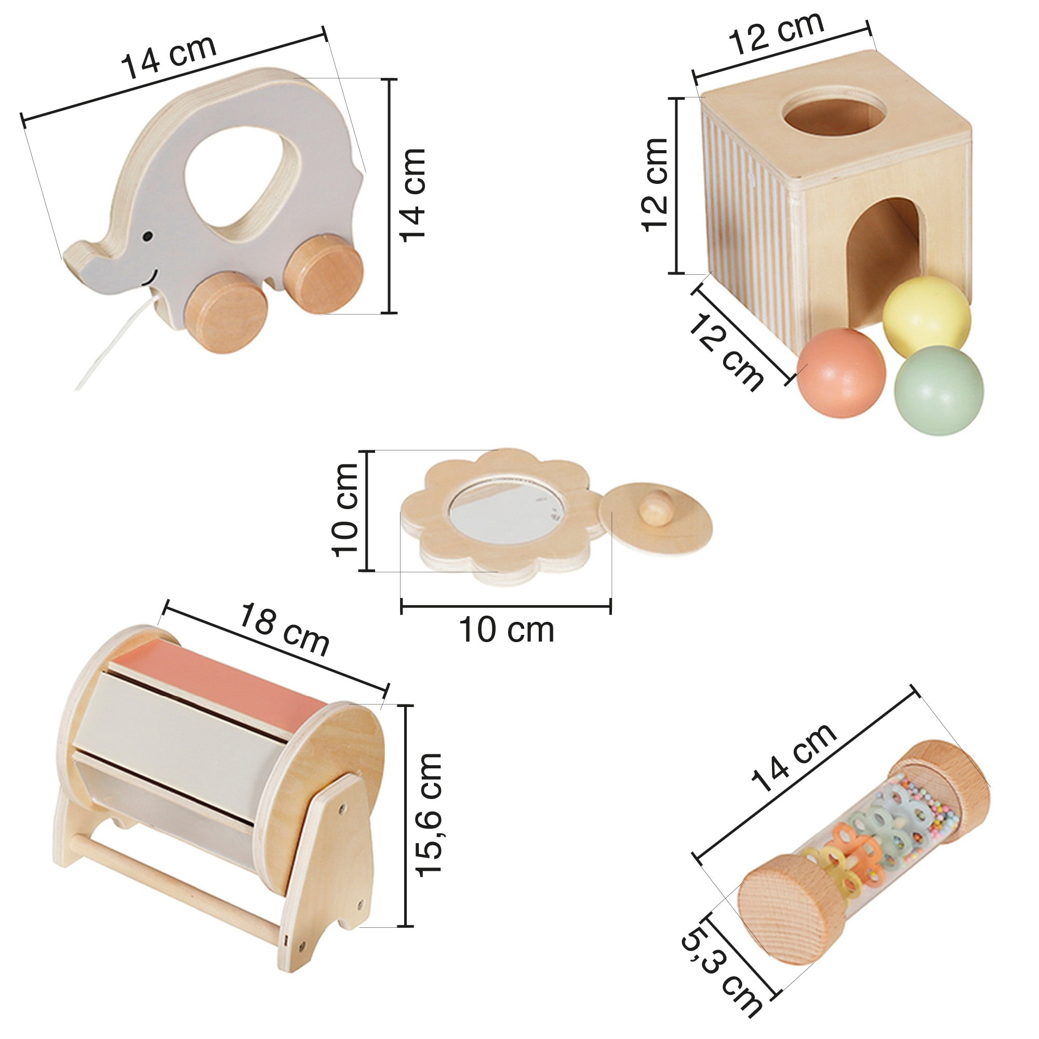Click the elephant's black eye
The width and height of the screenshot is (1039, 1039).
tap(147, 236)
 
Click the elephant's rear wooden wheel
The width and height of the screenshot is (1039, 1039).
tap(323, 274)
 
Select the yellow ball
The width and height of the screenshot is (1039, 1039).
tap(927, 316)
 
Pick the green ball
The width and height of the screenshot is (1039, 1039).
tap(939, 390)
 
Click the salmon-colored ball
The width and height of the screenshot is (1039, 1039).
tap(841, 372)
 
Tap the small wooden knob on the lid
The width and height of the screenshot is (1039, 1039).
tap(656, 508)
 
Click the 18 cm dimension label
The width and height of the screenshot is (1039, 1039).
tap(284, 629)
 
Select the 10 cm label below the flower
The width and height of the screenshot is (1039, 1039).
tap(507, 630)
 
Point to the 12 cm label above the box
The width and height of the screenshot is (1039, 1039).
tap(776, 33)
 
